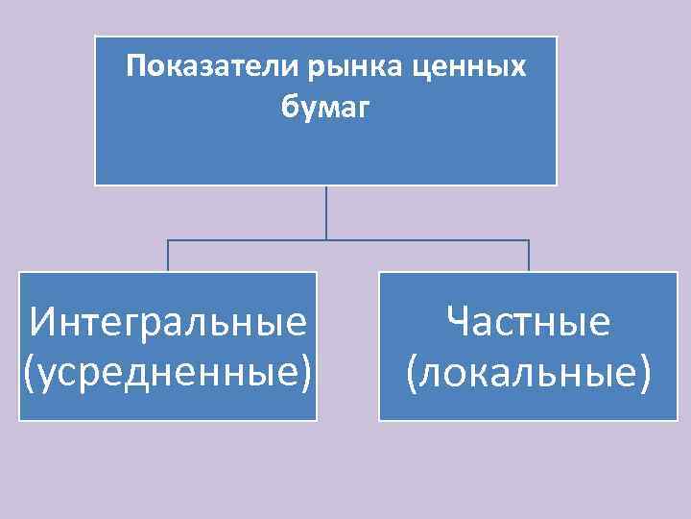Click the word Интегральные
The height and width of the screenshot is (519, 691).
(x=168, y=321)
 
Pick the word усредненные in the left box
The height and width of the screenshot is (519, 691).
(x=168, y=371)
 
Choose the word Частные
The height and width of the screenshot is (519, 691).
(x=529, y=321)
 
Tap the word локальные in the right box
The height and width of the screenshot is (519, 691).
(x=529, y=371)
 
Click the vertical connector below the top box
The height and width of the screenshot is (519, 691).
(x=326, y=211)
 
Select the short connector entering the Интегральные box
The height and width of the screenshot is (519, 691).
(x=169, y=256)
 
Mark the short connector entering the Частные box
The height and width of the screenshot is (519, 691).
(x=529, y=256)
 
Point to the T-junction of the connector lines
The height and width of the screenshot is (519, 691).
(x=326, y=239)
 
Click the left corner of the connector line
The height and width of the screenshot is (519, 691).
(x=169, y=240)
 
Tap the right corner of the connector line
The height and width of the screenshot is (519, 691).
(x=529, y=240)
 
